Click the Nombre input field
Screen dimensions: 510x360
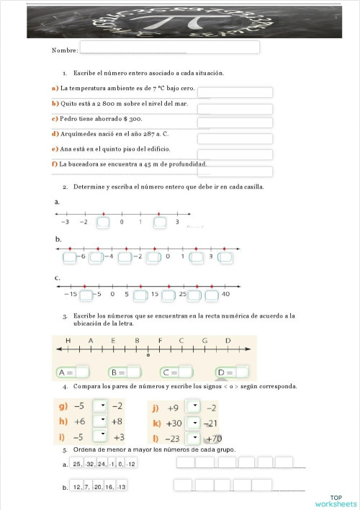click(x=169, y=48)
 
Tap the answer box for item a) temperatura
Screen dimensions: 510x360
click(x=235, y=92)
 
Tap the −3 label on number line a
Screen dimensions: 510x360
click(x=66, y=222)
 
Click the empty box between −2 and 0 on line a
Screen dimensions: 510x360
click(x=103, y=223)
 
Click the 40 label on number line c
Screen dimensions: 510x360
click(x=225, y=294)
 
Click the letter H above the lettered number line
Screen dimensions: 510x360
click(x=68, y=340)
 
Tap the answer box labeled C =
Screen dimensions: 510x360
click(x=185, y=372)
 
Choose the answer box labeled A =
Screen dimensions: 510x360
click(x=82, y=372)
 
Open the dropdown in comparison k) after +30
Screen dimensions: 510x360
click(x=192, y=423)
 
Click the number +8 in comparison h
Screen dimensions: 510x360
click(x=117, y=421)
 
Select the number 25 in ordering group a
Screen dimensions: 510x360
click(x=76, y=464)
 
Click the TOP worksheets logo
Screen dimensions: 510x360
click(x=336, y=501)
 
